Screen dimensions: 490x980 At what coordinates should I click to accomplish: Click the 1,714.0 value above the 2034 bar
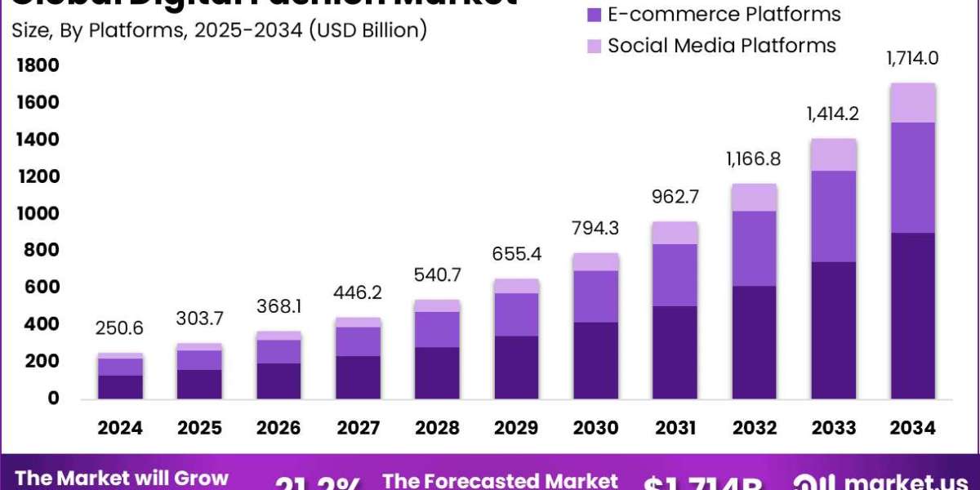pyautogui.click(x=913, y=59)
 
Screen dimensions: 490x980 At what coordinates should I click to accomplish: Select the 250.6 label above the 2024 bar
pyautogui.click(x=121, y=328)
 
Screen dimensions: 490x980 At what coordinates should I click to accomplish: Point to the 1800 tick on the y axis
pyautogui.click(x=37, y=65)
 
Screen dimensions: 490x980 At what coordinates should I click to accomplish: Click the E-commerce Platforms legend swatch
pyautogui.click(x=594, y=14)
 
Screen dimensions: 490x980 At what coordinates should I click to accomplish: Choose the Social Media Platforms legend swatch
pyautogui.click(x=594, y=45)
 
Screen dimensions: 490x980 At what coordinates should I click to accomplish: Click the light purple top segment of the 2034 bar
pyautogui.click(x=913, y=103)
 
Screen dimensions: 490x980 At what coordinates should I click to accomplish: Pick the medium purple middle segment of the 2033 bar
pyautogui.click(x=834, y=216)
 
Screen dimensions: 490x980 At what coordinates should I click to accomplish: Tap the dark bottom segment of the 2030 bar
pyautogui.click(x=596, y=360)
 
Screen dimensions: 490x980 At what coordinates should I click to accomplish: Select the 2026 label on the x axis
pyautogui.click(x=279, y=428)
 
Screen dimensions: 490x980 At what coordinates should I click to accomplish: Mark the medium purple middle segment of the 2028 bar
pyautogui.click(x=438, y=329)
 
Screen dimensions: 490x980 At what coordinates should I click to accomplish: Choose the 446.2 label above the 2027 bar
pyautogui.click(x=359, y=292)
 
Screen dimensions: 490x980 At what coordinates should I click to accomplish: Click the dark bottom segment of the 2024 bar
pyautogui.click(x=121, y=386)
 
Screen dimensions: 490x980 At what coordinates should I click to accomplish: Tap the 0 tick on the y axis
pyautogui.click(x=52, y=399)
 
